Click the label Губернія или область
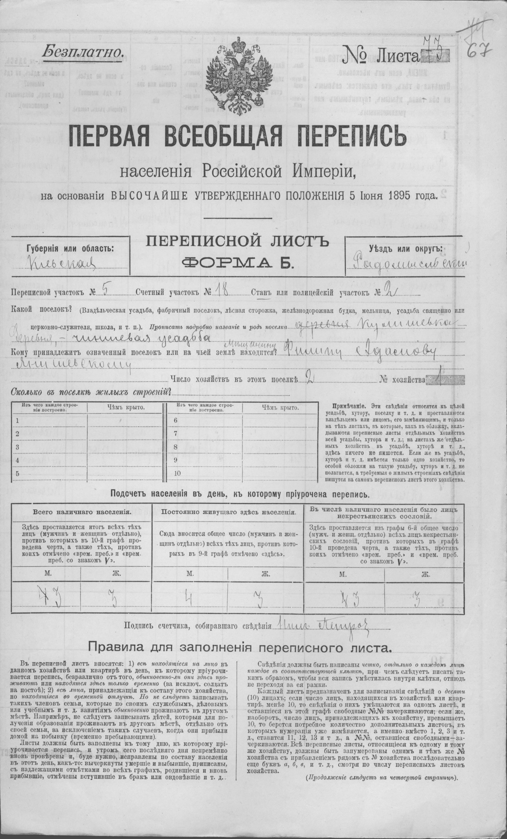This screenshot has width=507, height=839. pyautogui.click(x=70, y=248)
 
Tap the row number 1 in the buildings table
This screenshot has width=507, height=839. pyautogui.click(x=17, y=421)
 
